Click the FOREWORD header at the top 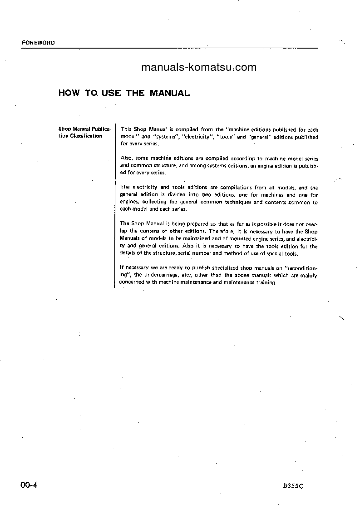click(38, 43)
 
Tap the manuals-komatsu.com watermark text click(199, 68)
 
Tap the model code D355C click(292, 485)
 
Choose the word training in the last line click(266, 282)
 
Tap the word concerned click(131, 282)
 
